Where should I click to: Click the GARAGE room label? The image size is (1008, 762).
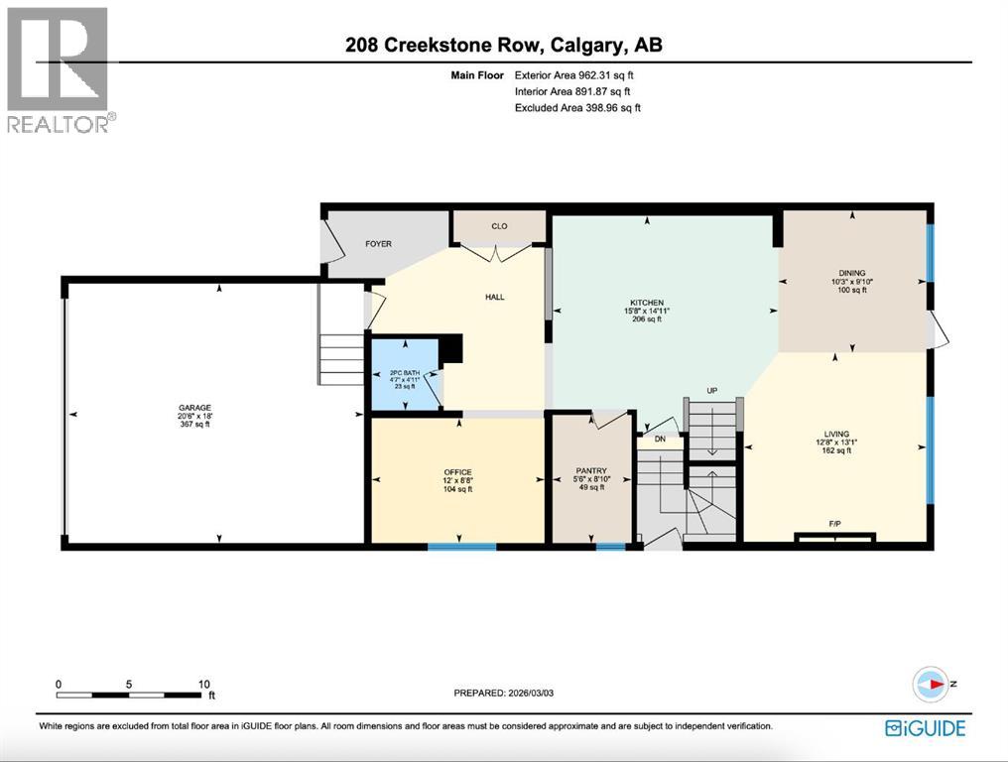(193, 407)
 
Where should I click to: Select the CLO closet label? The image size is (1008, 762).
(499, 226)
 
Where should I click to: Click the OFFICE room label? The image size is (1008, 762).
(457, 472)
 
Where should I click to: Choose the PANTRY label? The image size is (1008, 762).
(591, 471)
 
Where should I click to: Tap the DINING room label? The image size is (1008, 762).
(851, 273)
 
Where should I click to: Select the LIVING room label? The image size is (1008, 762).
(837, 434)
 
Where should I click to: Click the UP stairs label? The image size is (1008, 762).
(711, 391)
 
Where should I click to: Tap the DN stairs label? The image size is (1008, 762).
(659, 439)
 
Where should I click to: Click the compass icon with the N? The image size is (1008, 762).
(931, 684)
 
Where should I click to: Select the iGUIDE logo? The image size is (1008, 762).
(925, 728)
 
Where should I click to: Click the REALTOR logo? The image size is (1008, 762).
(60, 69)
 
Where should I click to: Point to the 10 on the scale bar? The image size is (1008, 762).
(203, 684)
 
